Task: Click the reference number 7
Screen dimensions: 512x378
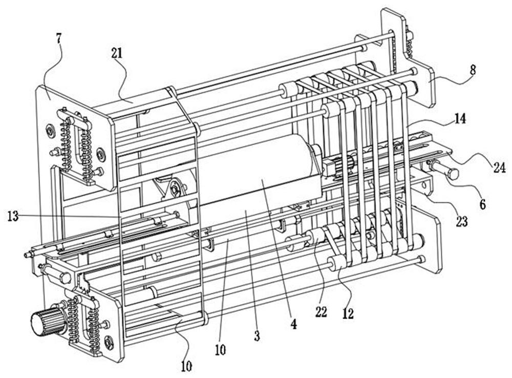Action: click(x=58, y=39)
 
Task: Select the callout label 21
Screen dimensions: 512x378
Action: click(x=117, y=53)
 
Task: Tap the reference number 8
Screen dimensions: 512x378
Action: click(x=473, y=70)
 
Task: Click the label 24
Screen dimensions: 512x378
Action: click(x=499, y=167)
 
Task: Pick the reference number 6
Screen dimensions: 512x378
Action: click(x=483, y=204)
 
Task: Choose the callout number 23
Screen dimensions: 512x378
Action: click(x=461, y=221)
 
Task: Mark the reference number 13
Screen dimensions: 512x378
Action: click(x=13, y=216)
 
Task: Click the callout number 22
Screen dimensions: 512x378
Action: click(x=321, y=312)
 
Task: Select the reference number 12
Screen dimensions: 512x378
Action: click(x=348, y=313)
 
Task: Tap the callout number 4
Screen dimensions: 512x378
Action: click(x=293, y=324)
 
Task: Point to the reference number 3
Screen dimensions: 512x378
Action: click(x=257, y=336)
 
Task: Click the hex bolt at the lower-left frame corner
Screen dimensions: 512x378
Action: click(x=65, y=278)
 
